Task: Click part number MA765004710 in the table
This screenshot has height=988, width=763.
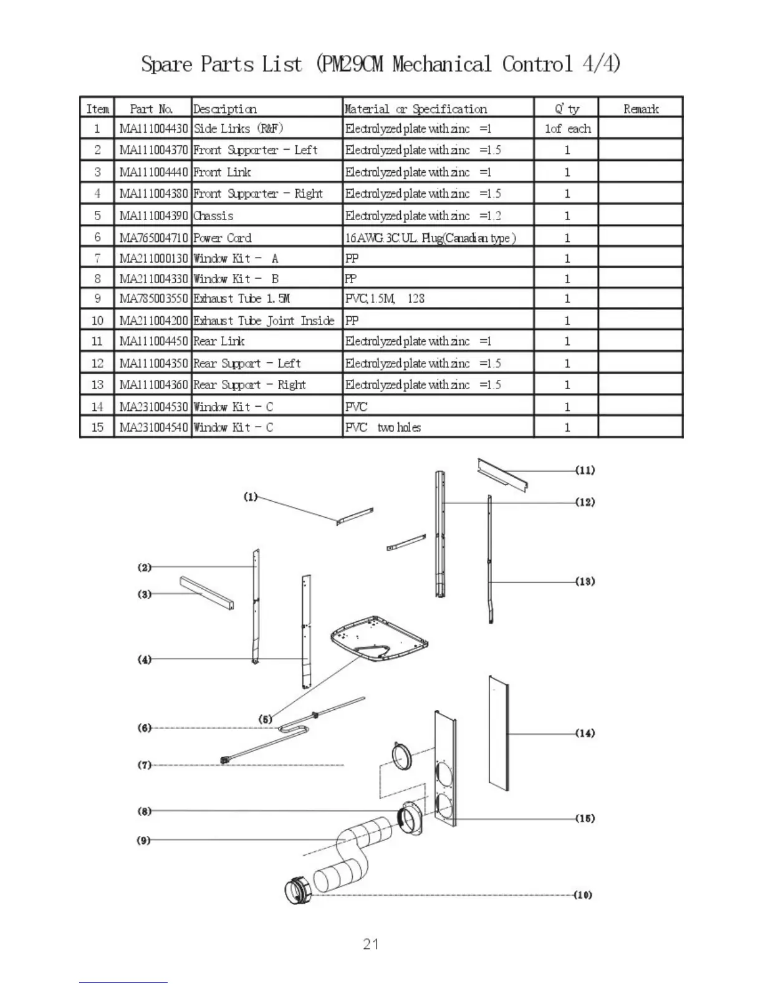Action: point(153,238)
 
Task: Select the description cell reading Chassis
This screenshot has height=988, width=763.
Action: point(214,216)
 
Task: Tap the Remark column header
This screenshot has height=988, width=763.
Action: point(641,109)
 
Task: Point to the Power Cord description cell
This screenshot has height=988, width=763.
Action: point(223,238)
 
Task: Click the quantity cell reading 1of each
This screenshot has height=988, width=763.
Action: point(567,128)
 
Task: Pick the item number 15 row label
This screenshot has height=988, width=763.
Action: point(97,427)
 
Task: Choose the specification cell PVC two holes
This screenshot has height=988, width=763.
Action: point(383,427)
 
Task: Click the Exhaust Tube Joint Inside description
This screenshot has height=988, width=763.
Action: point(264,321)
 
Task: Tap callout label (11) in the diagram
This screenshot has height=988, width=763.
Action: point(585,470)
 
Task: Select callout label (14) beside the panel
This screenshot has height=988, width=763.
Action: point(585,733)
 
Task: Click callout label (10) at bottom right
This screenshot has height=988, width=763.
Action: point(583,895)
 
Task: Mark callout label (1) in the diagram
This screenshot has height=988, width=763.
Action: point(250,497)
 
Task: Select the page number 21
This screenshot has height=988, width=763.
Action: point(371,944)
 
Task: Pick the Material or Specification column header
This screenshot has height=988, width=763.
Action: point(416,109)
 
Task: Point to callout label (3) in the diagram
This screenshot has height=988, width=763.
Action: point(145,594)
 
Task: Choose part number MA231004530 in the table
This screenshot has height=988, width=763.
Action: point(153,407)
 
